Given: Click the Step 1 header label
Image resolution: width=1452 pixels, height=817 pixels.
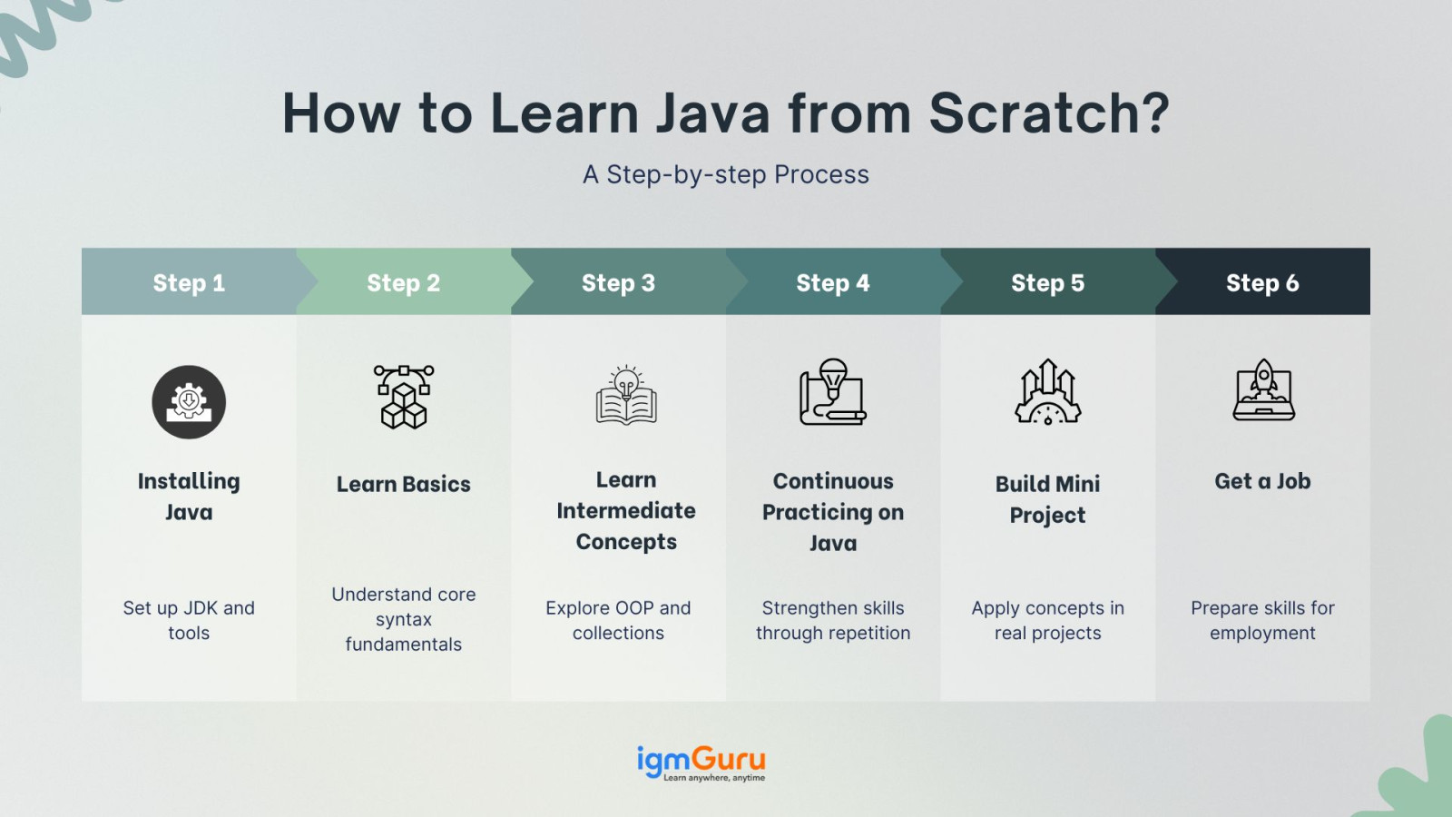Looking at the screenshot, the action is pos(189,282).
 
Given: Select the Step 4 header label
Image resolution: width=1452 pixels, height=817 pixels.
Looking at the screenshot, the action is pos(833,282).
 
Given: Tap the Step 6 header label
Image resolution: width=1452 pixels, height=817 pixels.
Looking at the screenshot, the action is pos(1262,282).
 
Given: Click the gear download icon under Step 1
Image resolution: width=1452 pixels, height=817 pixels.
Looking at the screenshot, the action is pos(189,402).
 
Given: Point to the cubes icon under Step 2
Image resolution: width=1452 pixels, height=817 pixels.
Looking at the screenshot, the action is pos(404,397).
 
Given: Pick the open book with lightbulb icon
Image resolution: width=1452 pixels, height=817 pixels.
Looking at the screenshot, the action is pos(626,396).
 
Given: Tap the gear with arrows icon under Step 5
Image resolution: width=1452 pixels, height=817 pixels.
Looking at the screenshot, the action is pos(1047,391).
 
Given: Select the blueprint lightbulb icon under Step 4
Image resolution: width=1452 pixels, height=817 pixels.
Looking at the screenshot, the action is pos(833,391).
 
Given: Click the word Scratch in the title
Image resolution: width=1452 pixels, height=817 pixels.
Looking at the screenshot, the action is pos(1049,113).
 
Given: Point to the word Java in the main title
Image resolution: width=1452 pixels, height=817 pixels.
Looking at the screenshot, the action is pos(711,113).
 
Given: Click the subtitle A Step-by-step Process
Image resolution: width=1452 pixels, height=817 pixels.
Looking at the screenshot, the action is pos(725,174).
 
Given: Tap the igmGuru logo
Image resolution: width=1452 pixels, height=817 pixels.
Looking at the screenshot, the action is pos(701,763).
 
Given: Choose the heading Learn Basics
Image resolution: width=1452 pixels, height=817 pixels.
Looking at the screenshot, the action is pos(403,485).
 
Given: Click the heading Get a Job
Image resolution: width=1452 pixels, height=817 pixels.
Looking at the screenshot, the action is pos(1262,481).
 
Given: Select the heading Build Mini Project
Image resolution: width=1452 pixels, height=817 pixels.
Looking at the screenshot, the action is pos(1047,499).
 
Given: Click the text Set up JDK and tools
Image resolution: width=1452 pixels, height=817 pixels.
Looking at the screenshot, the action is pos(189,620).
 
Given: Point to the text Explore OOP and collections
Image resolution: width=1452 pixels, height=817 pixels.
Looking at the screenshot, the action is pos(618,620).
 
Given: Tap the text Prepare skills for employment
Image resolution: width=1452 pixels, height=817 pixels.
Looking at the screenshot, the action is pos(1262,620).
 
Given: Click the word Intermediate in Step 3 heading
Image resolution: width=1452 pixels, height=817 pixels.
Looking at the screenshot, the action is pos(626,511).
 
